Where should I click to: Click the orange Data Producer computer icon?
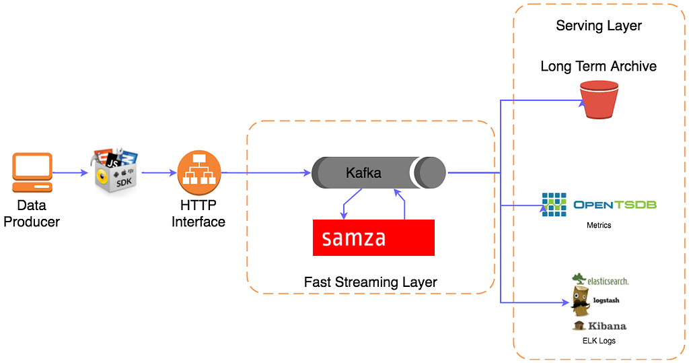click(32, 173)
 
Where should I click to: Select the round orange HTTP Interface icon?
click(199, 172)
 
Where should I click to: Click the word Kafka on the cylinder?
click(363, 173)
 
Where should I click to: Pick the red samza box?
click(373, 237)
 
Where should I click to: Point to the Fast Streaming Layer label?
click(370, 282)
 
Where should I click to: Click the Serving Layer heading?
click(598, 26)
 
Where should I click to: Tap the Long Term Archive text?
click(598, 67)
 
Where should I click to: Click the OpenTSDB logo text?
click(615, 205)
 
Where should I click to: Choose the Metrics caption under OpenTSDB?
click(598, 225)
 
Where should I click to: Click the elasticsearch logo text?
click(608, 281)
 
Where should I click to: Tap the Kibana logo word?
click(607, 326)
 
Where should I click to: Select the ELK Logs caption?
click(598, 341)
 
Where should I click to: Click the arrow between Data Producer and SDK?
click(70, 173)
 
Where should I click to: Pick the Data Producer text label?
click(32, 213)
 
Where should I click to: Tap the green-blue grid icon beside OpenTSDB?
click(554, 205)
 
